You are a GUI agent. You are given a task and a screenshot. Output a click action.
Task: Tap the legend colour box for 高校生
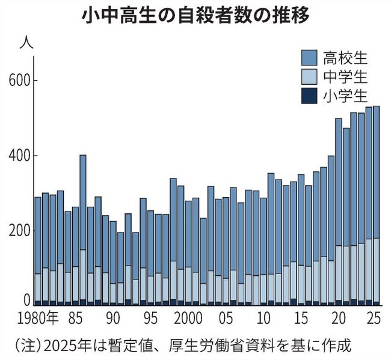(308, 58)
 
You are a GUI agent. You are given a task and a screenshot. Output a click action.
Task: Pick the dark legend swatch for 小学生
(308, 96)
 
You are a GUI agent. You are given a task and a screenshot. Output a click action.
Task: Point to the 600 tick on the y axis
(21, 81)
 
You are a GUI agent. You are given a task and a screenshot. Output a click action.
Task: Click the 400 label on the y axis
(21, 156)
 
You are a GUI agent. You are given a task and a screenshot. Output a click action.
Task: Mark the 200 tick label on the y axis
(21, 231)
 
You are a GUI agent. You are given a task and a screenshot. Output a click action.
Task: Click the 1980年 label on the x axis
(40, 317)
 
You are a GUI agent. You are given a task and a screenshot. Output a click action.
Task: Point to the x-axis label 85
(75, 317)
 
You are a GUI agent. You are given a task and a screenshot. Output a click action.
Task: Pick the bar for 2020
(339, 210)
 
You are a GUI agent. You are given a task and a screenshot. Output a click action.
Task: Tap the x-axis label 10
(263, 317)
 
